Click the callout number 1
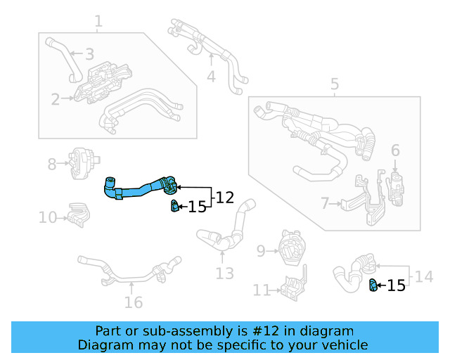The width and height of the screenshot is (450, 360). tap(98, 22)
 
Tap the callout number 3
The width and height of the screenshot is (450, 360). tap(89, 53)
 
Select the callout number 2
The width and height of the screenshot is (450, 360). tap(55, 100)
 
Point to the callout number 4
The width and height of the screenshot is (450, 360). tap(211, 76)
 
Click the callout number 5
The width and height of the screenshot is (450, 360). tap(335, 85)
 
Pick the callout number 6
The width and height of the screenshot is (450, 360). tap(395, 150)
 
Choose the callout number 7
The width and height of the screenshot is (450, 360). tap(325, 204)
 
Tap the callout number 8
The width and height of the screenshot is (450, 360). tap(52, 165)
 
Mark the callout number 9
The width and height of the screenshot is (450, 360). tap(261, 250)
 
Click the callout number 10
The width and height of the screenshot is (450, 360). tap(48, 218)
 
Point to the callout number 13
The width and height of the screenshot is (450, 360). tap(224, 274)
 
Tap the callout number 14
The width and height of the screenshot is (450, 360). tap(424, 277)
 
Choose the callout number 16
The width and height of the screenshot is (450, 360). tap(133, 302)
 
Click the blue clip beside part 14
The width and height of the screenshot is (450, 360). tap(374, 285)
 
